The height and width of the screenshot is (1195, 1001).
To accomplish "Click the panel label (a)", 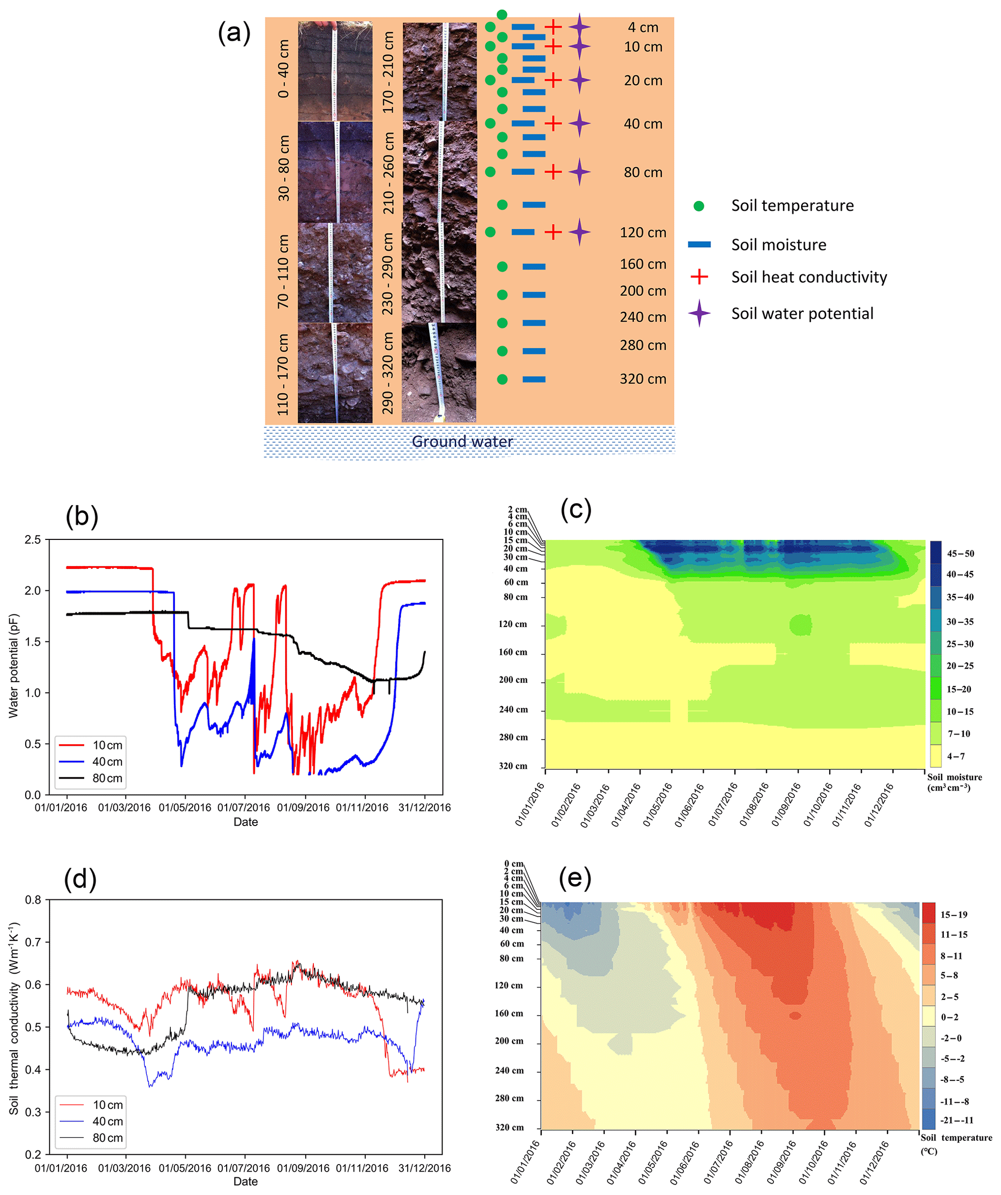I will pyautogui.click(x=234, y=33).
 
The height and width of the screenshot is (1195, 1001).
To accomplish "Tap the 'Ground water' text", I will pyautogui.click(x=462, y=442).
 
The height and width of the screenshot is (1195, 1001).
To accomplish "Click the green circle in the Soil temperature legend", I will pyautogui.click(x=699, y=206).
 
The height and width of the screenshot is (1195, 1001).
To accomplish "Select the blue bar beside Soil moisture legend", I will pyautogui.click(x=699, y=245).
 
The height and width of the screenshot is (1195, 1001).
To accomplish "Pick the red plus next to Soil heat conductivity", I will pyautogui.click(x=699, y=277).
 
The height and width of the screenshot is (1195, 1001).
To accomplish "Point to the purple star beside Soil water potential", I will pyautogui.click(x=699, y=314).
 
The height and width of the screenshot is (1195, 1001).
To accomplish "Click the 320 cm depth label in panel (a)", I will pyautogui.click(x=643, y=379).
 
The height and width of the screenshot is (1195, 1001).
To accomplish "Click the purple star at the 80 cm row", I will pyautogui.click(x=579, y=172).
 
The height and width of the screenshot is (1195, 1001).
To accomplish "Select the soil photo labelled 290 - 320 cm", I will pyautogui.click(x=439, y=373).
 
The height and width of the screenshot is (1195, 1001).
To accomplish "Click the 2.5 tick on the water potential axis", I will pyautogui.click(x=33, y=539).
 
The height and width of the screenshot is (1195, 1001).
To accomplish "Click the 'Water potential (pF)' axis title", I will pyautogui.click(x=14, y=665).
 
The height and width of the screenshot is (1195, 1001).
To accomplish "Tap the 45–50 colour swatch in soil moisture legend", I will pyautogui.click(x=936, y=553).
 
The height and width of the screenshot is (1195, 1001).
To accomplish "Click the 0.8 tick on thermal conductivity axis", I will pyautogui.click(x=33, y=900).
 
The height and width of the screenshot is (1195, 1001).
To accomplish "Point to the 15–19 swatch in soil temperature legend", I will pyautogui.click(x=928, y=915).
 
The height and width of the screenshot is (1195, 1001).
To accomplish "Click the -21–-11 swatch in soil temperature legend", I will pyautogui.click(x=928, y=1120).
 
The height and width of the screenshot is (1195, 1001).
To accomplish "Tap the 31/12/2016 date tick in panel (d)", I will pyautogui.click(x=424, y=1168).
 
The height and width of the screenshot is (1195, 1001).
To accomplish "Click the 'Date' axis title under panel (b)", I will pyautogui.click(x=245, y=822).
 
